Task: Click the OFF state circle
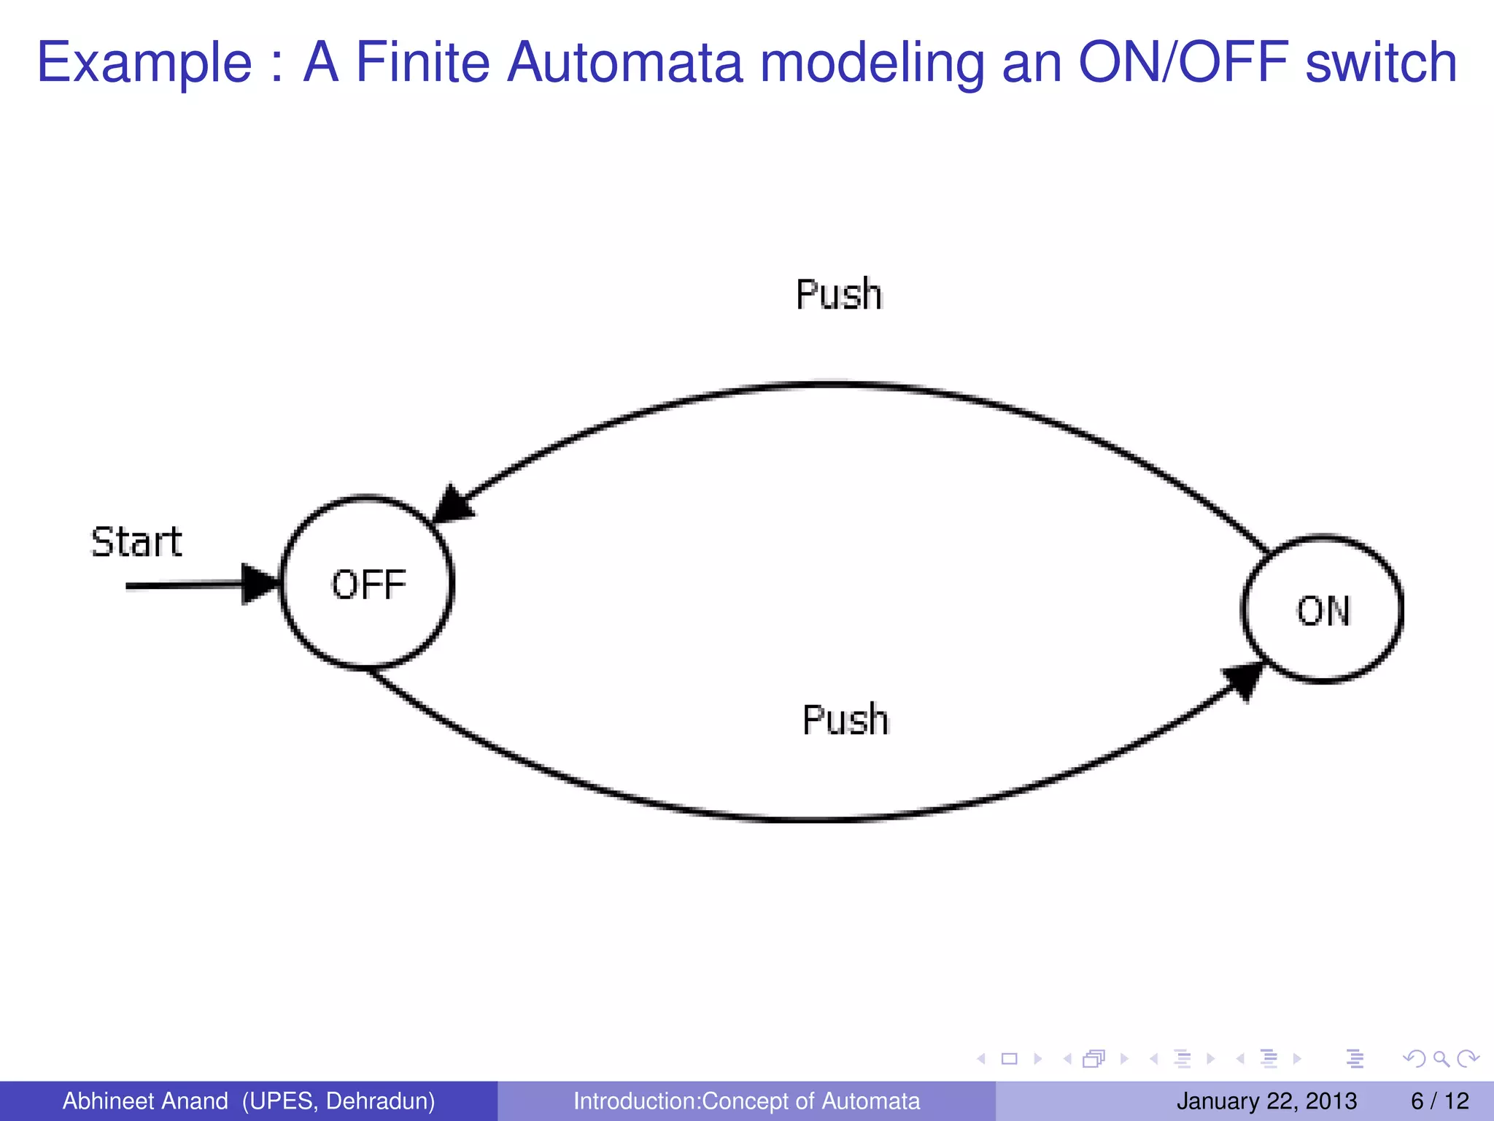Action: (x=367, y=583)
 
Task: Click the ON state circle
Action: (x=1322, y=610)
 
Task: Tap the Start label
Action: (x=136, y=542)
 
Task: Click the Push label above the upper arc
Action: (x=839, y=295)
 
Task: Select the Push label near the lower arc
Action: (x=845, y=720)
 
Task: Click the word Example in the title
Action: (x=144, y=63)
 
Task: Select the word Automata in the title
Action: (x=624, y=63)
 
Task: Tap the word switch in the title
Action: (x=1381, y=63)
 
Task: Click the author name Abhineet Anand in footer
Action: (x=145, y=1101)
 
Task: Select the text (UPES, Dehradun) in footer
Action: (x=338, y=1101)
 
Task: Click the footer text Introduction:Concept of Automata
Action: (x=746, y=1101)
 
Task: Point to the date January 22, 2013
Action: (x=1266, y=1101)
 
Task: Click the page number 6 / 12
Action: (x=1439, y=1101)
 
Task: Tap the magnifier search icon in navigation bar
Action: (x=1441, y=1058)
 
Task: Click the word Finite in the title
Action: (x=422, y=63)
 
